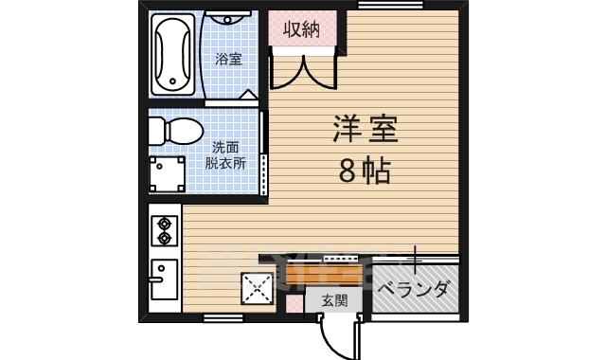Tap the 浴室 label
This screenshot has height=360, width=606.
pyautogui.click(x=228, y=59)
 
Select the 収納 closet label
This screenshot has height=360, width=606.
pyautogui.click(x=302, y=29)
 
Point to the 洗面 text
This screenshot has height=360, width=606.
pyautogui.click(x=225, y=147)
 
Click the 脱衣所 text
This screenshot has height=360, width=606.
pyautogui.click(x=225, y=162)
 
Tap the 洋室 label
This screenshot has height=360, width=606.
pyautogui.click(x=364, y=130)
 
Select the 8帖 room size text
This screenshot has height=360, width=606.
pyautogui.click(x=364, y=171)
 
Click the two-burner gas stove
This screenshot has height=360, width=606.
pyautogui.click(x=165, y=232)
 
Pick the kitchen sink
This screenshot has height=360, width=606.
pyautogui.click(x=164, y=279)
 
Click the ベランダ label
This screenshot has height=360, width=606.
pyautogui.click(x=413, y=289)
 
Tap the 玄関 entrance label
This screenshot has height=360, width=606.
pyautogui.click(x=333, y=300)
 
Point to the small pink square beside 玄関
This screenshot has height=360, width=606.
pyautogui.click(x=294, y=301)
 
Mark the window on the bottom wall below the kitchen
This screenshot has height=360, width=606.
pyautogui.click(x=222, y=315)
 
